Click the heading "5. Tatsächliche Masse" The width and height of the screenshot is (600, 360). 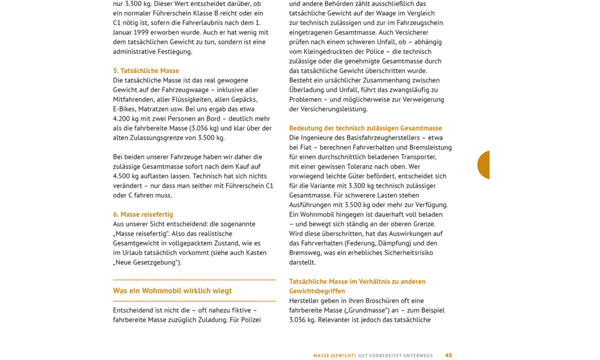tap(146, 71)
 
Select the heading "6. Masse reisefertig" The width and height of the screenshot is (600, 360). tap(143, 214)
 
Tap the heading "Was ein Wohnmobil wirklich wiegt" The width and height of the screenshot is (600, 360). tap(172, 291)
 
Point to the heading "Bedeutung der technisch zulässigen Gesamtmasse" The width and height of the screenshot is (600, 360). tap(365, 128)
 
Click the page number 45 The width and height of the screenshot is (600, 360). tap(449, 355)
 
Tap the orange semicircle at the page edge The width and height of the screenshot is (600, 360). tap(484, 165)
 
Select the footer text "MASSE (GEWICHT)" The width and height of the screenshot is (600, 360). tap(334, 356)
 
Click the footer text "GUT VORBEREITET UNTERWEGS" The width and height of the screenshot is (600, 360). tap(395, 356)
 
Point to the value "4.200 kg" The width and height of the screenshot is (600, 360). tap(128, 119)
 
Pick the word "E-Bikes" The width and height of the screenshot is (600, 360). tap(124, 109)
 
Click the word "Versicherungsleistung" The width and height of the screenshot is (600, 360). tap(337, 109)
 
